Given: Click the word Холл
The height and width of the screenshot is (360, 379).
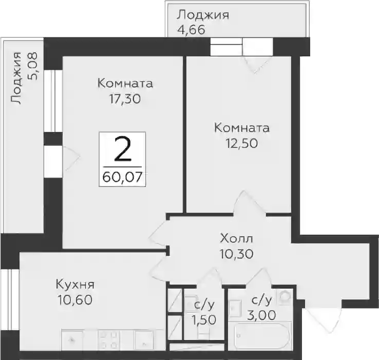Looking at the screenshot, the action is (x=236, y=239).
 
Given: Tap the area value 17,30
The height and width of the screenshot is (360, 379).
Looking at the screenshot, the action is (x=125, y=99).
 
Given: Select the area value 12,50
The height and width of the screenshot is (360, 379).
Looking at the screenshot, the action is (x=242, y=143).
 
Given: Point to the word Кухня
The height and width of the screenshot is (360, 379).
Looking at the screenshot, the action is (x=75, y=286).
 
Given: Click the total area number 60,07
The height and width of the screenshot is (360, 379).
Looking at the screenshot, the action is (x=122, y=177).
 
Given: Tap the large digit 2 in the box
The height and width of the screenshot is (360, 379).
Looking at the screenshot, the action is (x=123, y=149).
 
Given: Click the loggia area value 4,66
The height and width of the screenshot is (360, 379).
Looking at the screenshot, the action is (x=191, y=30).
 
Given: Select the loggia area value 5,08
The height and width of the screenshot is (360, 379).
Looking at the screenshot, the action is (x=32, y=66).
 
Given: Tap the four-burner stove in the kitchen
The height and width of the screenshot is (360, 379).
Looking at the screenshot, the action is (x=108, y=340).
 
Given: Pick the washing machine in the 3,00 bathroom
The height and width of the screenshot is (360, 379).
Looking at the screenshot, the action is (x=285, y=296).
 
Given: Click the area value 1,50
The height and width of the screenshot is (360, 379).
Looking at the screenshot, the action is (x=204, y=320).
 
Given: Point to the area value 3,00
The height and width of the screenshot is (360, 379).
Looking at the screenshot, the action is (x=261, y=315).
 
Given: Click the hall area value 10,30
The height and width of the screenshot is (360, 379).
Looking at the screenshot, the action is (x=236, y=254).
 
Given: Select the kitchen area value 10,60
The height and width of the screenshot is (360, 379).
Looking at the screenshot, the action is (x=75, y=300).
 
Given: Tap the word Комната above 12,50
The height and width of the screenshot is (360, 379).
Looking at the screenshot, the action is (x=242, y=128).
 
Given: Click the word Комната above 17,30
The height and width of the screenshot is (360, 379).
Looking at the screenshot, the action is (x=125, y=83).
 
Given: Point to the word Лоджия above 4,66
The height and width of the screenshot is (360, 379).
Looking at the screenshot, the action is (x=202, y=15).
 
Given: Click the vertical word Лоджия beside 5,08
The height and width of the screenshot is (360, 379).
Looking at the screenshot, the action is (x=16, y=78).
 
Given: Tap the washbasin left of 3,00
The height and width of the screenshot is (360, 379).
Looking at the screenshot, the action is (x=235, y=308).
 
